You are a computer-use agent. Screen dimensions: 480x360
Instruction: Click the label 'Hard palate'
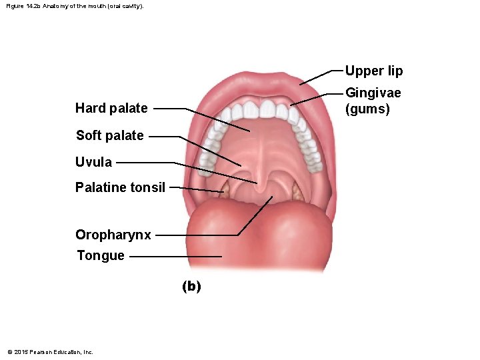tap(111, 108)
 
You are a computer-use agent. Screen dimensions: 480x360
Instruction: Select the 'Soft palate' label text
tap(109, 135)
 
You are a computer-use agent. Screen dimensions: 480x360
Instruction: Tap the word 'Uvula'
tap(94, 162)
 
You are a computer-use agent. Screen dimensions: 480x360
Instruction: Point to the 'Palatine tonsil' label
tap(120, 187)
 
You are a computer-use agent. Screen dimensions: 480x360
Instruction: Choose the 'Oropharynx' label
tap(113, 235)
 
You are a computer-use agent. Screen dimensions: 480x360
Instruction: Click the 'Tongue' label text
tap(101, 255)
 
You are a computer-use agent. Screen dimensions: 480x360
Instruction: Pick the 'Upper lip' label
tap(373, 71)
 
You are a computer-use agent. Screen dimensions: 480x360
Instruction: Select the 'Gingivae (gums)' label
tap(373, 101)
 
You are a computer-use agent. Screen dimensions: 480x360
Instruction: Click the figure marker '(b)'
tap(191, 286)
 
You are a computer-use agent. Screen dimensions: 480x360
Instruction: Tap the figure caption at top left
tap(75, 5)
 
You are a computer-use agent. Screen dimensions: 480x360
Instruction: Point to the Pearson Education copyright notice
tap(50, 351)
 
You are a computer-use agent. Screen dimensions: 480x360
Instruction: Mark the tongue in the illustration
tap(260, 233)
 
